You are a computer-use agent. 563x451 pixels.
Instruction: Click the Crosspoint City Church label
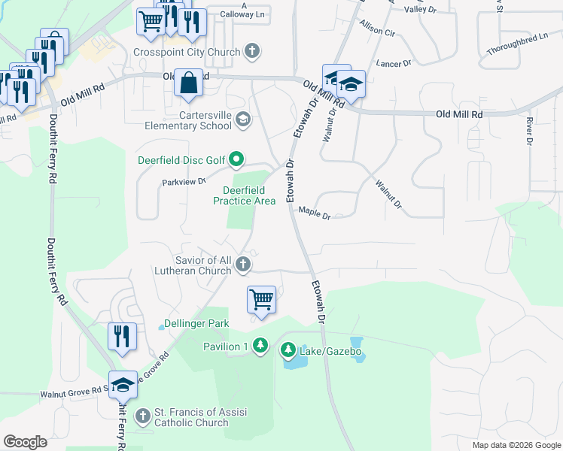coord(186,52)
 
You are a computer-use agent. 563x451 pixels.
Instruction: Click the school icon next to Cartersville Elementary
coord(243,119)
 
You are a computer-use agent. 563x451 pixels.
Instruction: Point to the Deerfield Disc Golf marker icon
coord(236,159)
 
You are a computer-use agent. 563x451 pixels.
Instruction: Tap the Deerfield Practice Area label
coord(243,195)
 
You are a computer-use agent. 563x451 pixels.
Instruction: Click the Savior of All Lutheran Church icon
coord(242,264)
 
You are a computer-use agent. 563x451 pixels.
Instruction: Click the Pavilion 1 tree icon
coord(260,346)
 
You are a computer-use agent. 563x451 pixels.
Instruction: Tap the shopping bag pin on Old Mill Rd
coord(187,83)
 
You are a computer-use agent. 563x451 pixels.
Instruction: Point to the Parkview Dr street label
coord(183,181)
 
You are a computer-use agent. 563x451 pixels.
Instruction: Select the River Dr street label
coord(529,130)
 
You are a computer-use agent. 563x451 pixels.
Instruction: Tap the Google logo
coord(25,442)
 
